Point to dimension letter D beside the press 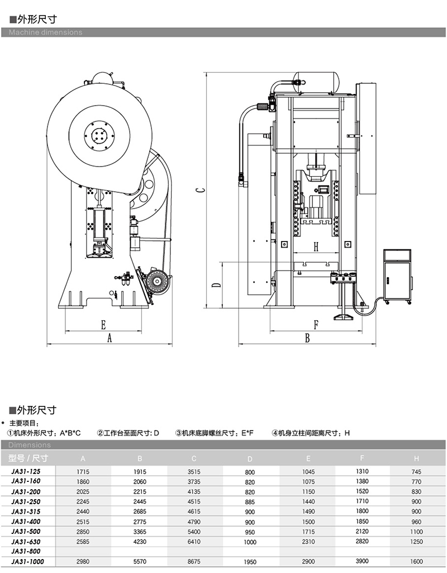coord(216,285)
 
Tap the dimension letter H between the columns coord(316,247)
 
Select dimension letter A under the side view coord(110,338)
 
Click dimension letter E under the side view coord(103,324)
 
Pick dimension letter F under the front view coord(316,324)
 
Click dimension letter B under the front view coord(307,338)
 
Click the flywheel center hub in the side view coord(99,135)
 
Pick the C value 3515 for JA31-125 coord(194,472)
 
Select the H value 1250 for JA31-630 coord(416,542)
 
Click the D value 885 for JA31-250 coord(250,501)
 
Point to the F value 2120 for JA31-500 coord(362,531)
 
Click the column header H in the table coord(416,459)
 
